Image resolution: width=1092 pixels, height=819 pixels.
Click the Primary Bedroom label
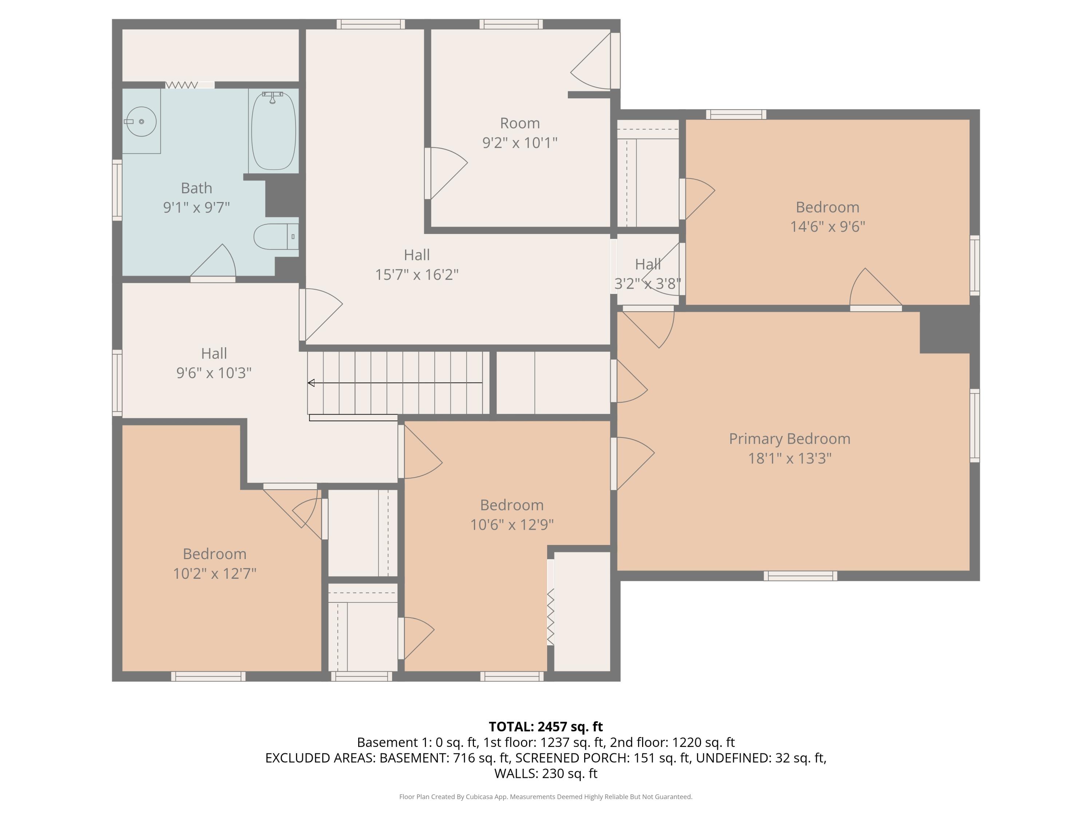[790, 438]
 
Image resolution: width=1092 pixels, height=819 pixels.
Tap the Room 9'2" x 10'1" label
[519, 132]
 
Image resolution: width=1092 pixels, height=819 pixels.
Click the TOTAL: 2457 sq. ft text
[546, 727]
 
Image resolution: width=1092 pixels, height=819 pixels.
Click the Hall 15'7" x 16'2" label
[417, 265]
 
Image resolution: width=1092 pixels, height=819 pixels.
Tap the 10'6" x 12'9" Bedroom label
[511, 514]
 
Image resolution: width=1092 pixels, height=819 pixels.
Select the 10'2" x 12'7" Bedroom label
[214, 563]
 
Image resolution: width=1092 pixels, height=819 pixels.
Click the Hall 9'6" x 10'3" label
[214, 363]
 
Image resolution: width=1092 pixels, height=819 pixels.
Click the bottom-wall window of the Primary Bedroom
[800, 575]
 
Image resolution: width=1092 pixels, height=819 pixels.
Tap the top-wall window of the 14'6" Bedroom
[736, 115]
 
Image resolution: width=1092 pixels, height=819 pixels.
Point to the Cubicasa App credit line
[546, 796]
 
